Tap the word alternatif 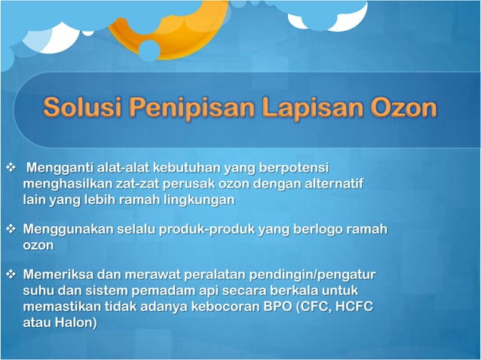324,183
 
